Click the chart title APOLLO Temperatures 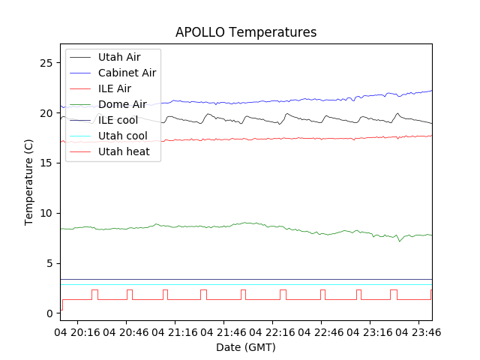click(x=245, y=32)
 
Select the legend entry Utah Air click(x=118, y=57)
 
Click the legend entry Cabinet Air click(x=127, y=73)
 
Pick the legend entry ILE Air click(x=114, y=88)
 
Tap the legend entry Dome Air click(x=122, y=104)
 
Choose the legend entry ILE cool click(x=118, y=120)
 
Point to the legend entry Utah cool click(x=122, y=136)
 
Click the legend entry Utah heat click(x=124, y=151)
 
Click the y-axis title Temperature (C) click(x=29, y=181)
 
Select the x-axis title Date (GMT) click(x=245, y=347)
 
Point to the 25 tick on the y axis click(x=46, y=63)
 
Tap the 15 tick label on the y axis click(x=46, y=163)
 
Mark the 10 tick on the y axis click(x=46, y=213)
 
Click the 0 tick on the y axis click(x=49, y=313)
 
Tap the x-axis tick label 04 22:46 click(x=322, y=331)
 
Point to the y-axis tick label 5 click(x=49, y=263)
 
